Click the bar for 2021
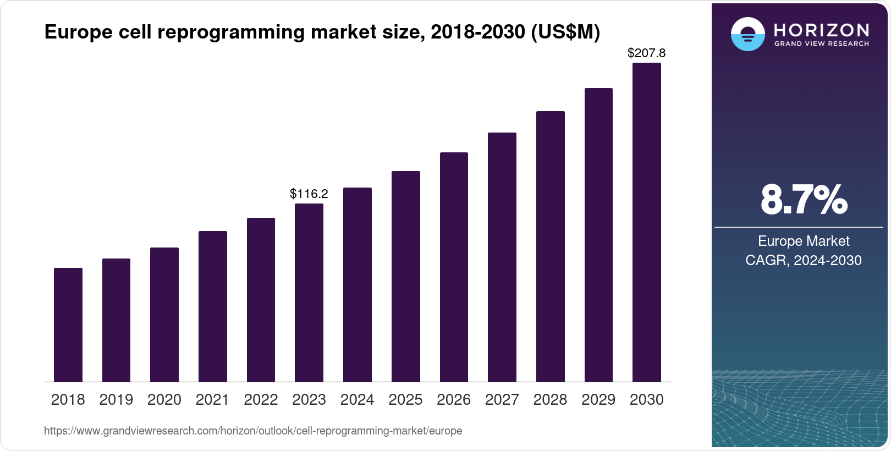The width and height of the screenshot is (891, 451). (x=213, y=306)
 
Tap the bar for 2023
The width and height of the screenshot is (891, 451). (x=309, y=293)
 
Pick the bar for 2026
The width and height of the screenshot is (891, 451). (x=454, y=267)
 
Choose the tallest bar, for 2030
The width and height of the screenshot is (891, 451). (x=647, y=222)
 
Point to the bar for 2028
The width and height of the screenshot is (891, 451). (x=551, y=246)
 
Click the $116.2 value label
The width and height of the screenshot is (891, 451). (x=309, y=194)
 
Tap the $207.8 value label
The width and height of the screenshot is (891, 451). (x=647, y=53)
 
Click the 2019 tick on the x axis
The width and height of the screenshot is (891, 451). (x=116, y=400)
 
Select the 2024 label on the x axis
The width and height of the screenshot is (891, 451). (x=358, y=400)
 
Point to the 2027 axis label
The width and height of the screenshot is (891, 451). (x=502, y=400)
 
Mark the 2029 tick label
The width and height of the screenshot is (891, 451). (x=598, y=400)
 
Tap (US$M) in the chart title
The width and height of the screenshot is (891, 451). (x=565, y=32)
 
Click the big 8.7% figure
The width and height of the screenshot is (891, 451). (x=804, y=200)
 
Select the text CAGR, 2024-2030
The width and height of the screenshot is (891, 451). (x=804, y=260)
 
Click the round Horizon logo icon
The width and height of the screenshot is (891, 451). (x=747, y=34)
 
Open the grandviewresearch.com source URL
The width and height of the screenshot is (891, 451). (x=253, y=431)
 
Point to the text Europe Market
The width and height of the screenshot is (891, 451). (x=804, y=241)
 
